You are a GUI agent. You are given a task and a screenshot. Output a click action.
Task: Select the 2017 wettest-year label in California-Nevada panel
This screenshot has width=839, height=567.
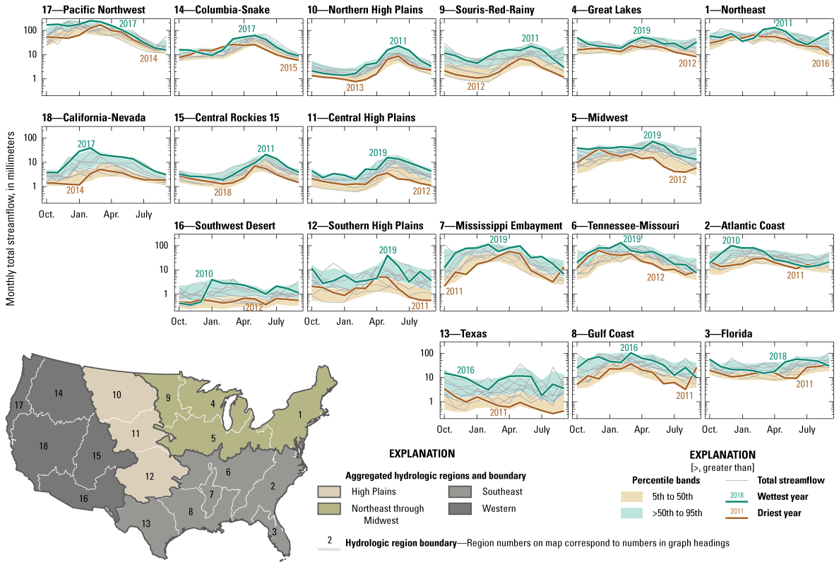coord(86,144)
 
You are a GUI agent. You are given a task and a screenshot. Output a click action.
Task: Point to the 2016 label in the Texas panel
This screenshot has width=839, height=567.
coord(465,370)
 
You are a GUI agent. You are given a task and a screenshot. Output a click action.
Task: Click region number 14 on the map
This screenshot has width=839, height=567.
coord(59,393)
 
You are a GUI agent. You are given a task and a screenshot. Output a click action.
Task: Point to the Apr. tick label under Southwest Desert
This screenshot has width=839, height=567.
coord(244,321)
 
